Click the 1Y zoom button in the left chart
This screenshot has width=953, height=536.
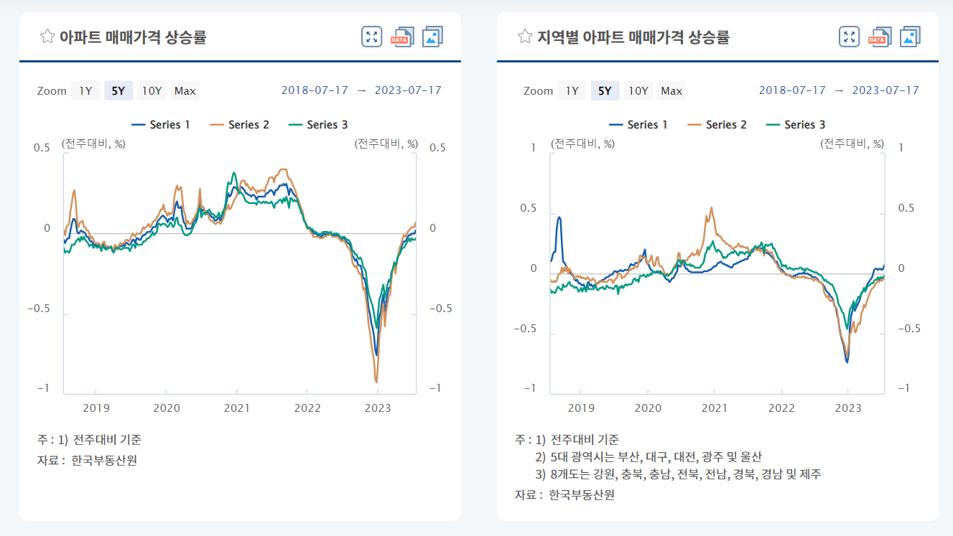pos(85,90)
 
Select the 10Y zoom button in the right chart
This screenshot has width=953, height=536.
pos(638,90)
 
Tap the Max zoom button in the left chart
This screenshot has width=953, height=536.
pos(185,90)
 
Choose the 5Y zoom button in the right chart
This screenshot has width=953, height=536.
pos(605,90)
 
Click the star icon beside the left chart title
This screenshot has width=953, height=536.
pos(47,37)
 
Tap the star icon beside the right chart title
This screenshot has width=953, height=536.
pos(525,37)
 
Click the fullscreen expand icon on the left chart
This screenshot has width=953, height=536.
pos(371,37)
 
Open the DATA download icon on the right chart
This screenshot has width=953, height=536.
pos(880,37)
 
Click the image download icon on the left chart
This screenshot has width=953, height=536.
pos(432,37)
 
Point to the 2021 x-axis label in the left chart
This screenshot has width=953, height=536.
pos(237,408)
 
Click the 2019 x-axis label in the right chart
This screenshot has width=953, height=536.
pos(581,408)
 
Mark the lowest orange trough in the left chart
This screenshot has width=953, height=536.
pos(376,382)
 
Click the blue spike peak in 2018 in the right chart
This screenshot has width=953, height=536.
pos(559,217)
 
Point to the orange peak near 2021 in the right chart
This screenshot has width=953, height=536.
pos(712,208)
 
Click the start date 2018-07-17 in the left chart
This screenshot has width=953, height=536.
pos(315,90)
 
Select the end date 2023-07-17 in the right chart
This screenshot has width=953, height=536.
pos(885,90)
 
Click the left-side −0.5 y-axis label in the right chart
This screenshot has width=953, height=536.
pos(525,329)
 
